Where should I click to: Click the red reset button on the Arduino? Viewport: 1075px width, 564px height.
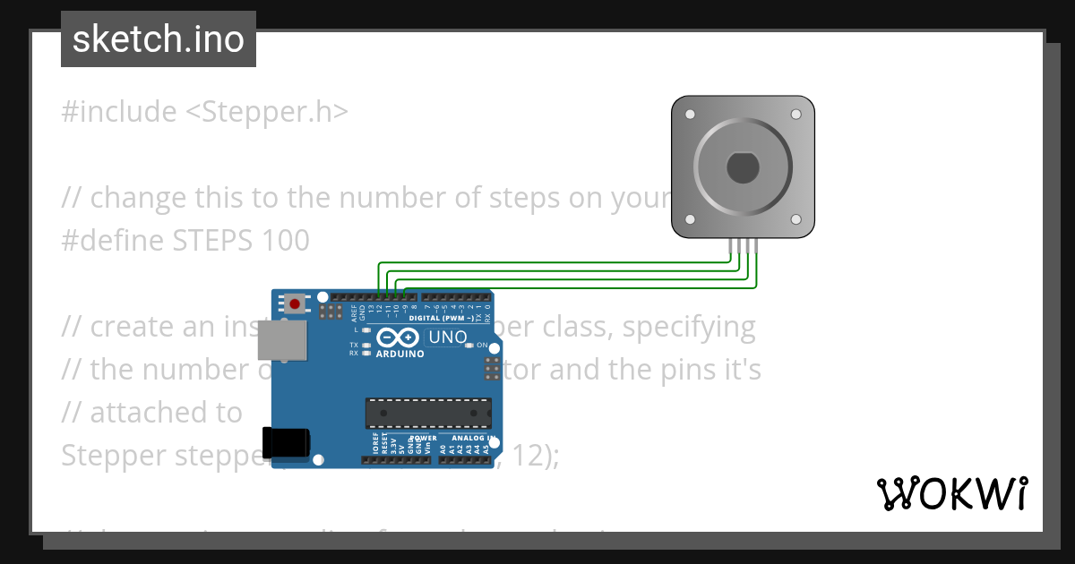click(x=295, y=303)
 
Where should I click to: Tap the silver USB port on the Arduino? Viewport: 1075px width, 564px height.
click(x=280, y=340)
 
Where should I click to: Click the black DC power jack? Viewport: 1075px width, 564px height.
click(x=286, y=443)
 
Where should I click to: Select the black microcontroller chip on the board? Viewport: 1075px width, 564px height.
click(x=428, y=413)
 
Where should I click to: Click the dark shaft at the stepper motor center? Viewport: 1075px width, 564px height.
click(x=743, y=167)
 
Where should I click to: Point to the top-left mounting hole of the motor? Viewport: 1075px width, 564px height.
click(x=690, y=115)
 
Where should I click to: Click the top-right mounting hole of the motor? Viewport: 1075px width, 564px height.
click(x=795, y=115)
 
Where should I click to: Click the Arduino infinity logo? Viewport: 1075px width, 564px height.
click(x=398, y=338)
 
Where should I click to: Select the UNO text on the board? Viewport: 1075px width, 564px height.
click(x=448, y=338)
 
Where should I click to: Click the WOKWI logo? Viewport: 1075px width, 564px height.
click(x=951, y=493)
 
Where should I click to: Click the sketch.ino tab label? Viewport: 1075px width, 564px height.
click(x=159, y=39)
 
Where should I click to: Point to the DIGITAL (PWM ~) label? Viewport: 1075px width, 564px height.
click(x=443, y=318)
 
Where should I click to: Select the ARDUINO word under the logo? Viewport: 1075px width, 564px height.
click(x=400, y=354)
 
